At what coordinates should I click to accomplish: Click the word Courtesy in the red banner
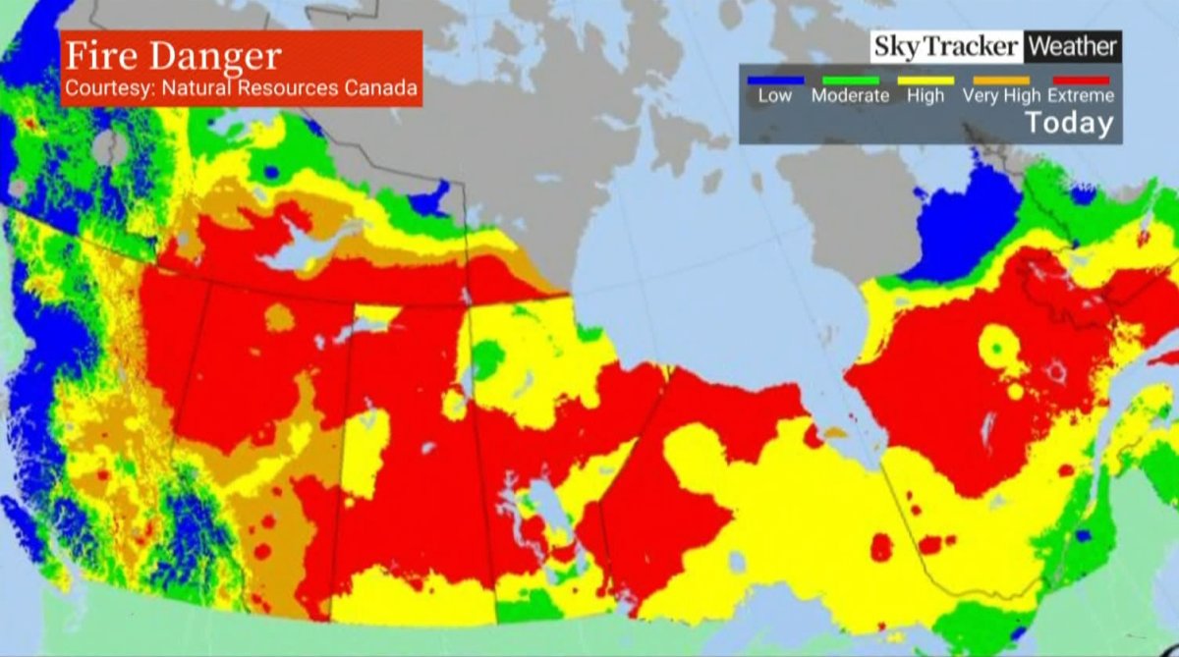[102, 87]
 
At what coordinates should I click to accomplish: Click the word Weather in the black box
[1072, 46]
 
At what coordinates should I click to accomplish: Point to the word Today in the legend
[1069, 124]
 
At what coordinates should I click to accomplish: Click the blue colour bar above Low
[775, 81]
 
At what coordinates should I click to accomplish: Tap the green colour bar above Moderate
[850, 81]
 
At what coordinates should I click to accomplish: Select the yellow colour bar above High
[926, 81]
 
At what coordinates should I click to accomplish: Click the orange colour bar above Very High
[1001, 81]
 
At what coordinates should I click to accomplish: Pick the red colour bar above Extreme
[1080, 81]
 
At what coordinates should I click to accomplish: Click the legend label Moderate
[850, 96]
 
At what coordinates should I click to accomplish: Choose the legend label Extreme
[1081, 96]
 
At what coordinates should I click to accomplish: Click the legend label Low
[775, 96]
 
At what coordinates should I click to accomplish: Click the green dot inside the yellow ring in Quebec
[999, 348]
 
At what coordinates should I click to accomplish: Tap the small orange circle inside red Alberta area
[280, 317]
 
